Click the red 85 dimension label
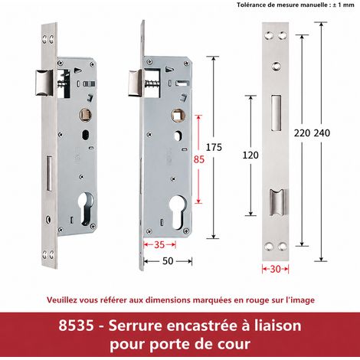pos(199,159)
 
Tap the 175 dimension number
pos(214,147)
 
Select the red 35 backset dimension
pos(159,245)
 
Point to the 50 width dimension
pos(168,261)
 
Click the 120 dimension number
pos(250,155)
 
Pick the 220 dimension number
pos(302,133)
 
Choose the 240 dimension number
pos(322,133)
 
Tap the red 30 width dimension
pos(275,269)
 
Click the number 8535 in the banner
pos(76,326)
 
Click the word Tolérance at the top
pos(249,5)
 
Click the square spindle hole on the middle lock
pos(178,115)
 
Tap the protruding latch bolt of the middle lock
pos(135,83)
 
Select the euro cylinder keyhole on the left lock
pos(87,209)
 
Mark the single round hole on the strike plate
pos(276,66)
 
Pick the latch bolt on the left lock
pos(44,83)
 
